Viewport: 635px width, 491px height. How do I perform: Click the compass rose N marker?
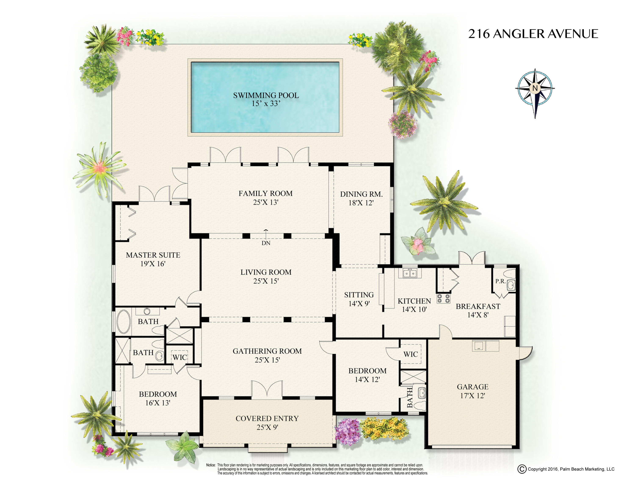pyautogui.click(x=535, y=88)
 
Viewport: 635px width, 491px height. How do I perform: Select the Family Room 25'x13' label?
pyautogui.click(x=265, y=198)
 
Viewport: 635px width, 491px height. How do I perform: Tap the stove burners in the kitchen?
pyautogui.click(x=443, y=298)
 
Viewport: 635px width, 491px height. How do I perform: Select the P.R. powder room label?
pyautogui.click(x=500, y=282)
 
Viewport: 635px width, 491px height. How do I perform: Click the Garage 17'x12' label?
pyautogui.click(x=472, y=391)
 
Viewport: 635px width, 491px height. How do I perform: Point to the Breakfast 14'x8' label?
pyautogui.click(x=478, y=310)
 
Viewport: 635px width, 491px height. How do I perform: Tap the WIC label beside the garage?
pyautogui.click(x=411, y=354)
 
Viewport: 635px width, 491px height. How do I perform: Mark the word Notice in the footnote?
pyautogui.click(x=211, y=465)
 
